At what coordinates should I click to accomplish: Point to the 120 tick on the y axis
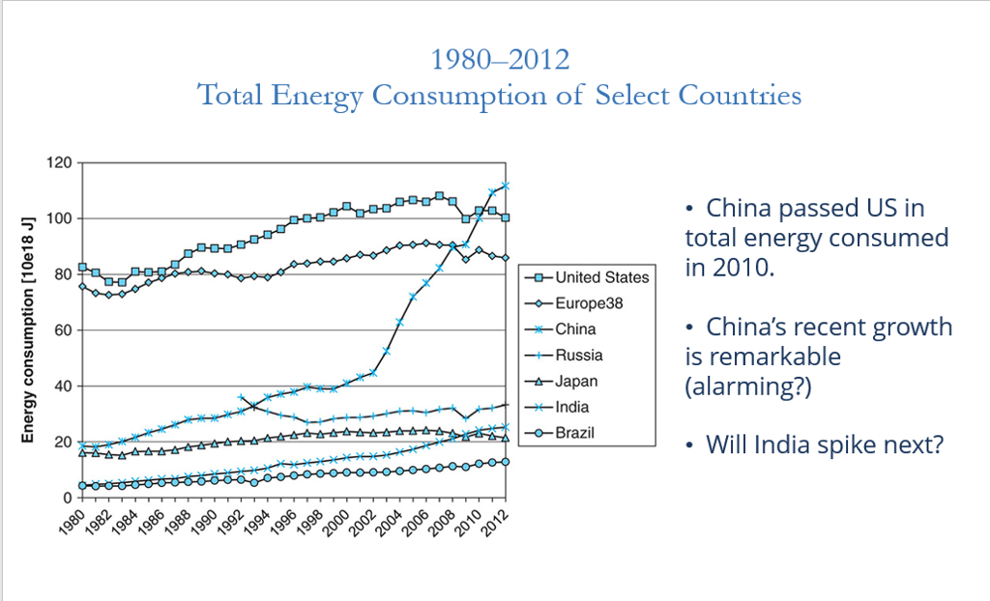(x=59, y=162)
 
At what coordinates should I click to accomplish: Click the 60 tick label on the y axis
(x=63, y=330)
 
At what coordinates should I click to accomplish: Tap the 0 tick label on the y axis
(x=67, y=498)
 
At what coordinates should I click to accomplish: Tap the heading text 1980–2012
(x=500, y=60)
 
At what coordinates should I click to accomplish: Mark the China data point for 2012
(x=506, y=186)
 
